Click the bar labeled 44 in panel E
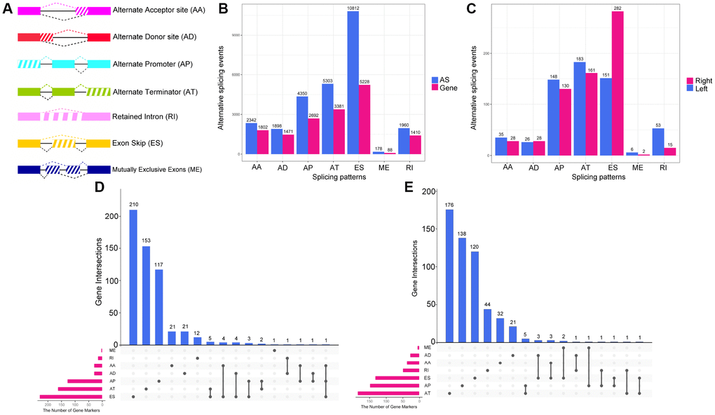coord(488,325)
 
